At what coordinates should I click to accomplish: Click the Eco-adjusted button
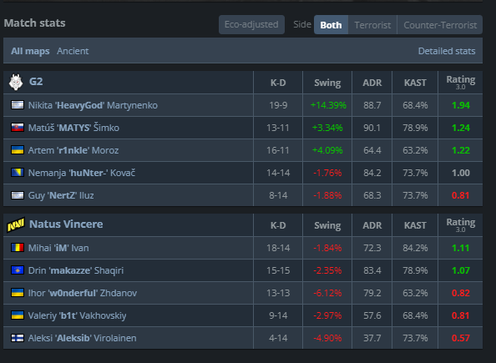pos(251,24)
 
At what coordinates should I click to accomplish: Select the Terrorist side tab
pos(372,25)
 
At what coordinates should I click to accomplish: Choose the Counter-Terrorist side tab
pos(440,25)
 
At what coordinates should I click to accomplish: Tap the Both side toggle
pos(331,25)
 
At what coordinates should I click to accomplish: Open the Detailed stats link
pos(447,51)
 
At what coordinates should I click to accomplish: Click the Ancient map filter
pos(73,51)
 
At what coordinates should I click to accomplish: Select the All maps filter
pos(30,51)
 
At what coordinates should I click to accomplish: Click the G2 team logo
pos(16,82)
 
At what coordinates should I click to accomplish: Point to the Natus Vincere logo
pos(16,224)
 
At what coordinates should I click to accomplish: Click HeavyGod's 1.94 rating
pos(461,105)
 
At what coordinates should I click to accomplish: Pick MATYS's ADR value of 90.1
pos(372,128)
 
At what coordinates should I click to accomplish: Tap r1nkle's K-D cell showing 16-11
pos(278,150)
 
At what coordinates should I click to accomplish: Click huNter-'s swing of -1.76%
pos(327,173)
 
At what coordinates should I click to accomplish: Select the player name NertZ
pos(62,195)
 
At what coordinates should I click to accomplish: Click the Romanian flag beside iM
pos(18,248)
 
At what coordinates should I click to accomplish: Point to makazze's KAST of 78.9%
pos(415,270)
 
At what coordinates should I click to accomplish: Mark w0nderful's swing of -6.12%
pos(327,293)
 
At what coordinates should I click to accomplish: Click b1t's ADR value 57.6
pos(372,315)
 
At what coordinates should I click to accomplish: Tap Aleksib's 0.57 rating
pos(461,338)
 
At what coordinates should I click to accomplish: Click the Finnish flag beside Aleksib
pos(18,338)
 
